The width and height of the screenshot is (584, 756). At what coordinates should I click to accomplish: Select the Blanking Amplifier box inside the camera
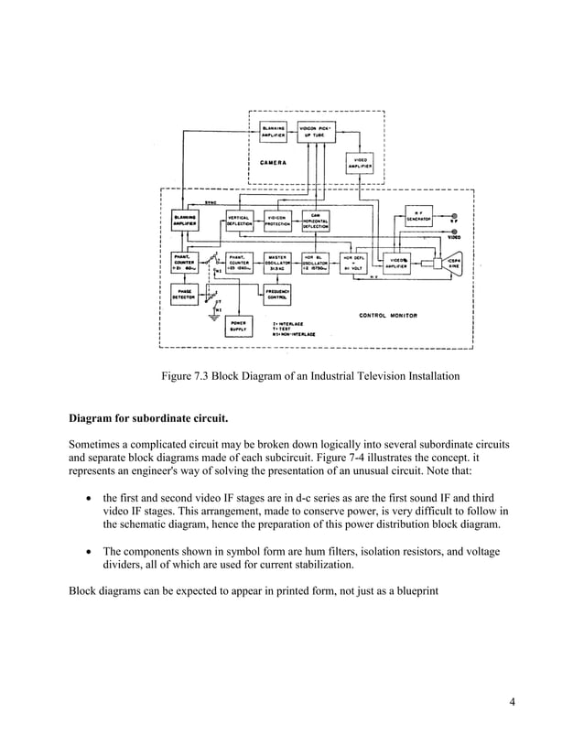(276, 131)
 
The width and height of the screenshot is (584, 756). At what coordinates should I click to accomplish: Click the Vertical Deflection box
(238, 221)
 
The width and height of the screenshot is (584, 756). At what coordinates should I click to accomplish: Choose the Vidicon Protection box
(277, 221)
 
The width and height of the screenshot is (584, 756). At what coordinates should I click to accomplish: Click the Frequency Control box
(277, 296)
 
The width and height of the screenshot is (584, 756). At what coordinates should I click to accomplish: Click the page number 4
(513, 703)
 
